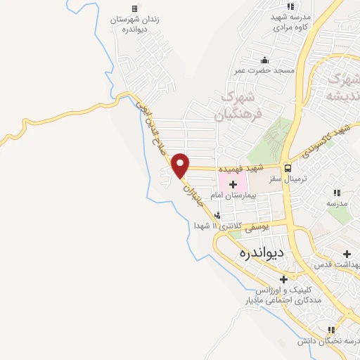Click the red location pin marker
[x=181, y=165]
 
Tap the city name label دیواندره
[x=260, y=252]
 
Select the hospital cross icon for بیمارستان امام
[x=233, y=184]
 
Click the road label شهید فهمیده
[x=240, y=169]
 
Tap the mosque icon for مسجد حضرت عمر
[x=264, y=60]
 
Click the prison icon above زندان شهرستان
[x=134, y=8]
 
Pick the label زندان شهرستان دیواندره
[x=134, y=25]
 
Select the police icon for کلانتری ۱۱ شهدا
[x=217, y=215]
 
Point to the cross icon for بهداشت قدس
[x=346, y=254]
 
